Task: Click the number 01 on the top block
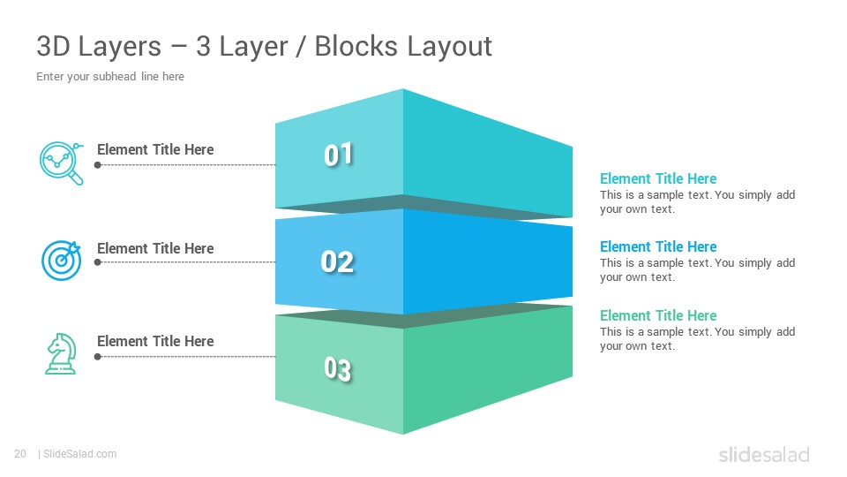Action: point(338,155)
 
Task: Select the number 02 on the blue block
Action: point(337,261)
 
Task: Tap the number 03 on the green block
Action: point(338,369)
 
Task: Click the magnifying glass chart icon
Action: point(62,163)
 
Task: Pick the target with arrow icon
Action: point(61,260)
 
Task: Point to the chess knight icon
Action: point(61,353)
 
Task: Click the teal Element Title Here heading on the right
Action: point(658,178)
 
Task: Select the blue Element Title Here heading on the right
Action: point(658,246)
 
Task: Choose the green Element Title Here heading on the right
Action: point(658,315)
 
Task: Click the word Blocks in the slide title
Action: point(356,46)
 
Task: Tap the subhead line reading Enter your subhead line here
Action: point(110,77)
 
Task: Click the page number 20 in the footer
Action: point(20,454)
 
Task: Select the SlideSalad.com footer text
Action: point(80,454)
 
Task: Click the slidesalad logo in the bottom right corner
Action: point(764,454)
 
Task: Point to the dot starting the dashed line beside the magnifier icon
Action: point(98,165)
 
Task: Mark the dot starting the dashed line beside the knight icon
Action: point(98,357)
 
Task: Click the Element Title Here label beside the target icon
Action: point(155,249)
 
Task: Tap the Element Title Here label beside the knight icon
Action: point(155,341)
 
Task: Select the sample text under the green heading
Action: point(697,338)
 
